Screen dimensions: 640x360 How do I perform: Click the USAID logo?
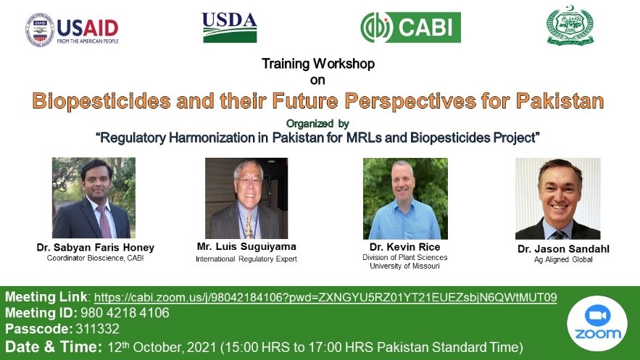coord(72,30)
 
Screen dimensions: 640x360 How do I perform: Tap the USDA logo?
coord(229,28)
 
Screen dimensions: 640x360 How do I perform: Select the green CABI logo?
coord(410,28)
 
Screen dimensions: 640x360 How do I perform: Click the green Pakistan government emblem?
coord(570,25)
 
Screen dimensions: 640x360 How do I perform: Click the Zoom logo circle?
coord(597,323)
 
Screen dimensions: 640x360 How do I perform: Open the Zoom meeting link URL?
coord(325,297)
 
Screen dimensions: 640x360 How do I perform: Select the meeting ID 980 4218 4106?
coord(125,313)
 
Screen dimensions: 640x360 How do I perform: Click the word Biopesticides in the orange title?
coord(101,101)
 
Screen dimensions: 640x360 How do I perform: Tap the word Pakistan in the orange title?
coord(560,101)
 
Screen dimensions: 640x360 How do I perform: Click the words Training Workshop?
coord(318,64)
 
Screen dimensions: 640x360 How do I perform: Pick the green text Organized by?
coord(317,123)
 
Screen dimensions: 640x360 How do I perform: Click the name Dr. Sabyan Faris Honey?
coord(96,248)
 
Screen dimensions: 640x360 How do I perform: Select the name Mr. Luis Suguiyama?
coord(246,247)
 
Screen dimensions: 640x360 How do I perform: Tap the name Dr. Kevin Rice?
coord(404,247)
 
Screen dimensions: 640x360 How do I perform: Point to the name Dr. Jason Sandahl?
coord(563,248)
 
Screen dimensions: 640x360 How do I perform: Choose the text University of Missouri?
coord(404,267)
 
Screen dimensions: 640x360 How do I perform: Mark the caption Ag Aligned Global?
coord(563,259)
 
